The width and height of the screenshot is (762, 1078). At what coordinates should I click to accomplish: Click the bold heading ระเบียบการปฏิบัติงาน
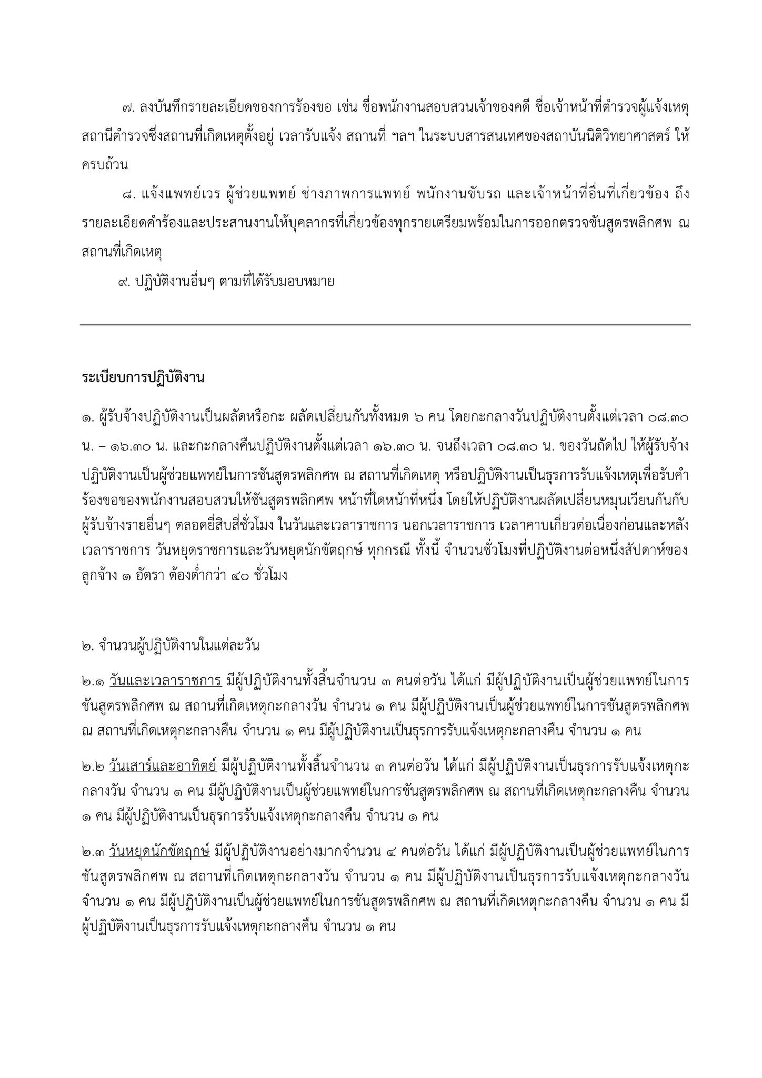[x=143, y=378]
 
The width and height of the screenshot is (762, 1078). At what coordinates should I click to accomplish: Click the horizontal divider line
[x=385, y=325]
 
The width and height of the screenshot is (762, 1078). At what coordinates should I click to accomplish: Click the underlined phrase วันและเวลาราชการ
[x=165, y=681]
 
